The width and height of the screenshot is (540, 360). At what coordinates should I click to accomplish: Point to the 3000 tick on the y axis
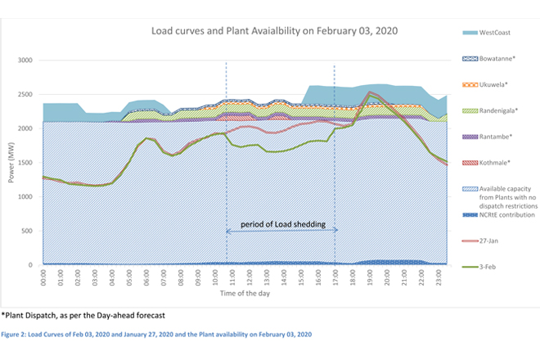(x=26, y=61)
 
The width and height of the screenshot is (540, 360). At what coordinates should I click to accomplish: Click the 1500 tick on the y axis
(x=26, y=163)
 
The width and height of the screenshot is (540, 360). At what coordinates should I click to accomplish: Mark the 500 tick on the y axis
(x=29, y=232)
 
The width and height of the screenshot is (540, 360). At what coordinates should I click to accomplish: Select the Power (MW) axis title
(x=11, y=164)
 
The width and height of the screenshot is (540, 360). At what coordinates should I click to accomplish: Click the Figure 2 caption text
(x=155, y=335)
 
